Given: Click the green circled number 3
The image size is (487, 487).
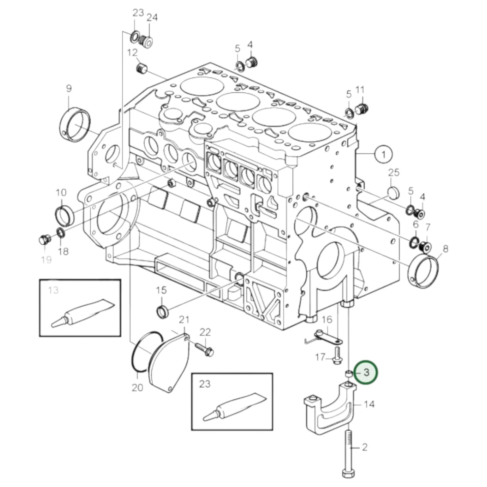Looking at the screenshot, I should pos(367,372).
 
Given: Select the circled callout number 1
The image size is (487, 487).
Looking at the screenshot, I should pos(383,154).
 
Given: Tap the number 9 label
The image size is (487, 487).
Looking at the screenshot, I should pos(69,89).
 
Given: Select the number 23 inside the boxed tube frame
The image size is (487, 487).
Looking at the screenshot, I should pos(205,384).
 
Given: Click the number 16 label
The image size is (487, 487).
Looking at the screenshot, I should pos(327,319).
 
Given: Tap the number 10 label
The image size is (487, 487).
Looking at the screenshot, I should pos(61,193).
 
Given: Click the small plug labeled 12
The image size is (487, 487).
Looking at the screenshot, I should pos(142,69).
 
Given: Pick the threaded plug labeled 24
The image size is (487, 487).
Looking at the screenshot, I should pos(147,41).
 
